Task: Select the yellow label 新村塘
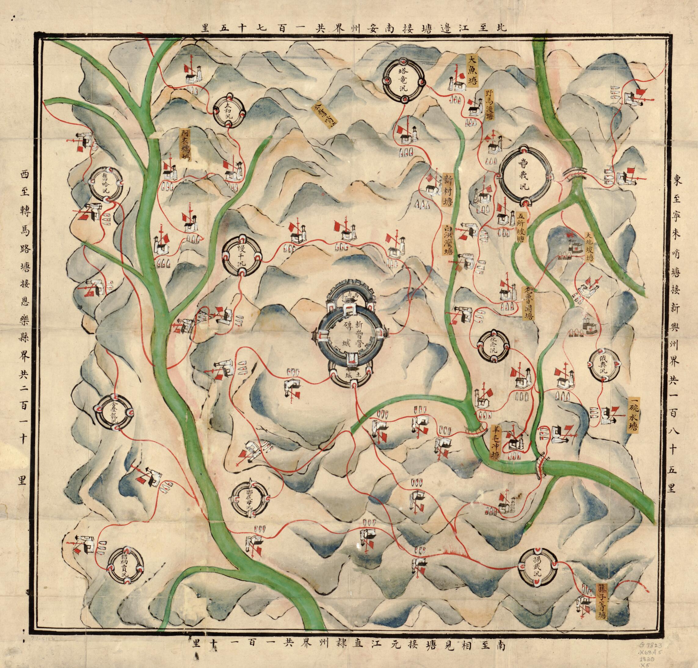447,191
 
